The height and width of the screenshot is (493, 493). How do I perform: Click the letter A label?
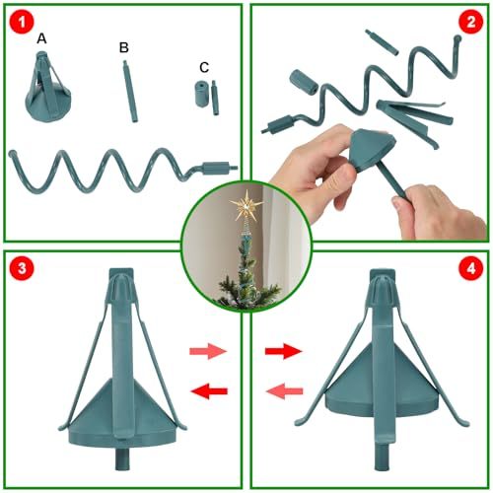40,38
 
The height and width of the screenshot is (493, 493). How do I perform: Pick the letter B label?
123,46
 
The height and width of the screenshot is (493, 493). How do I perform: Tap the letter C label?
203,67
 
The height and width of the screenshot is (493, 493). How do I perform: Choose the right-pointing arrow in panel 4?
285,350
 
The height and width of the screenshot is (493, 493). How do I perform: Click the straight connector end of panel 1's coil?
219,166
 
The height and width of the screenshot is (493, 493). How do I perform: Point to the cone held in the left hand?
353,148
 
